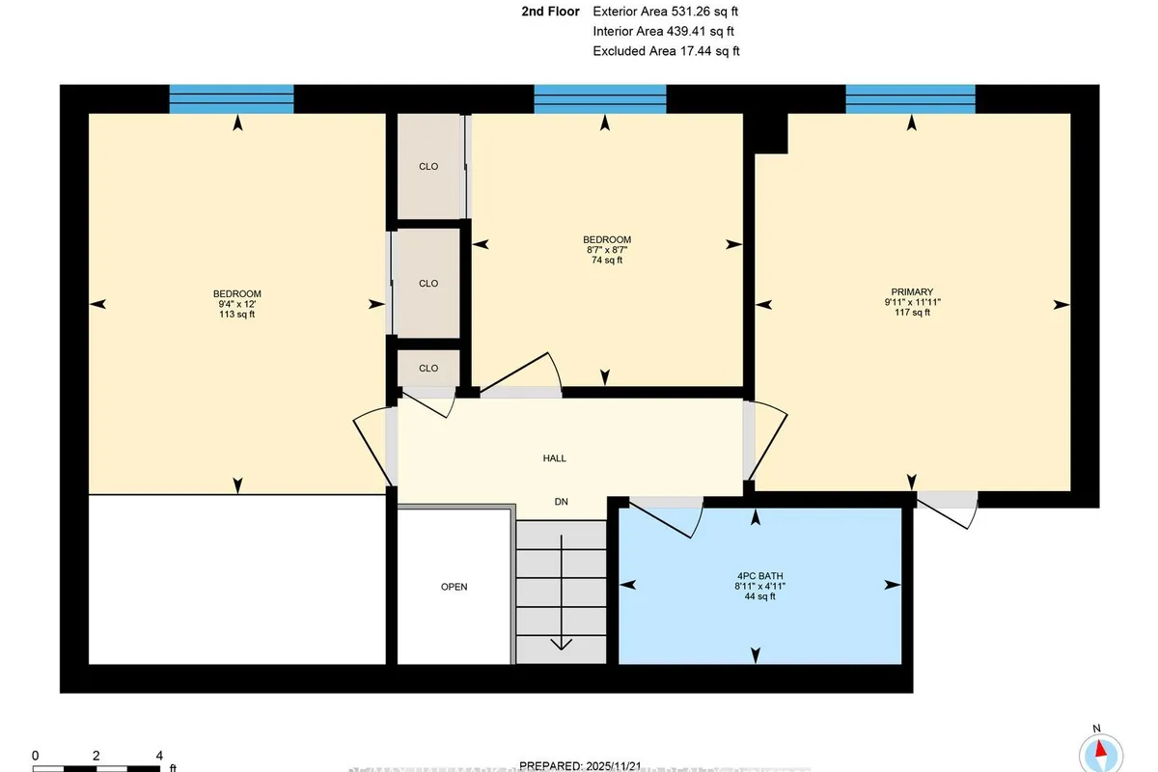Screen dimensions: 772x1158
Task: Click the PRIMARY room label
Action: (912, 291)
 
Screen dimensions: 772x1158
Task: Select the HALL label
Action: (554, 458)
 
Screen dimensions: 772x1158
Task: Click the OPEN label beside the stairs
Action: (454, 587)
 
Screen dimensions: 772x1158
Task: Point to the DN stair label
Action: (561, 502)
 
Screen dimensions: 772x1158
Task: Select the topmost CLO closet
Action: (428, 166)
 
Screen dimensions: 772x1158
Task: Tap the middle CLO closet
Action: (428, 283)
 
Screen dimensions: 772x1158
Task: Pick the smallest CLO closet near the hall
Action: (428, 368)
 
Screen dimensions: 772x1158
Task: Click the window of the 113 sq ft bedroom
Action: (232, 98)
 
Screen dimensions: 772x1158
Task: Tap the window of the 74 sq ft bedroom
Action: (600, 98)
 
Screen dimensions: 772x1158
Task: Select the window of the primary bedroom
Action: (910, 98)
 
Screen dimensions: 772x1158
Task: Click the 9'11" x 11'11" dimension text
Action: (912, 302)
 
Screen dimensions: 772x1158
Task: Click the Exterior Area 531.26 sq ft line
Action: (666, 12)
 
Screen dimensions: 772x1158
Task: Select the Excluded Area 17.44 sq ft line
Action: (666, 51)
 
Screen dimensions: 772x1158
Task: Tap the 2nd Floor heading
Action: (550, 12)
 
